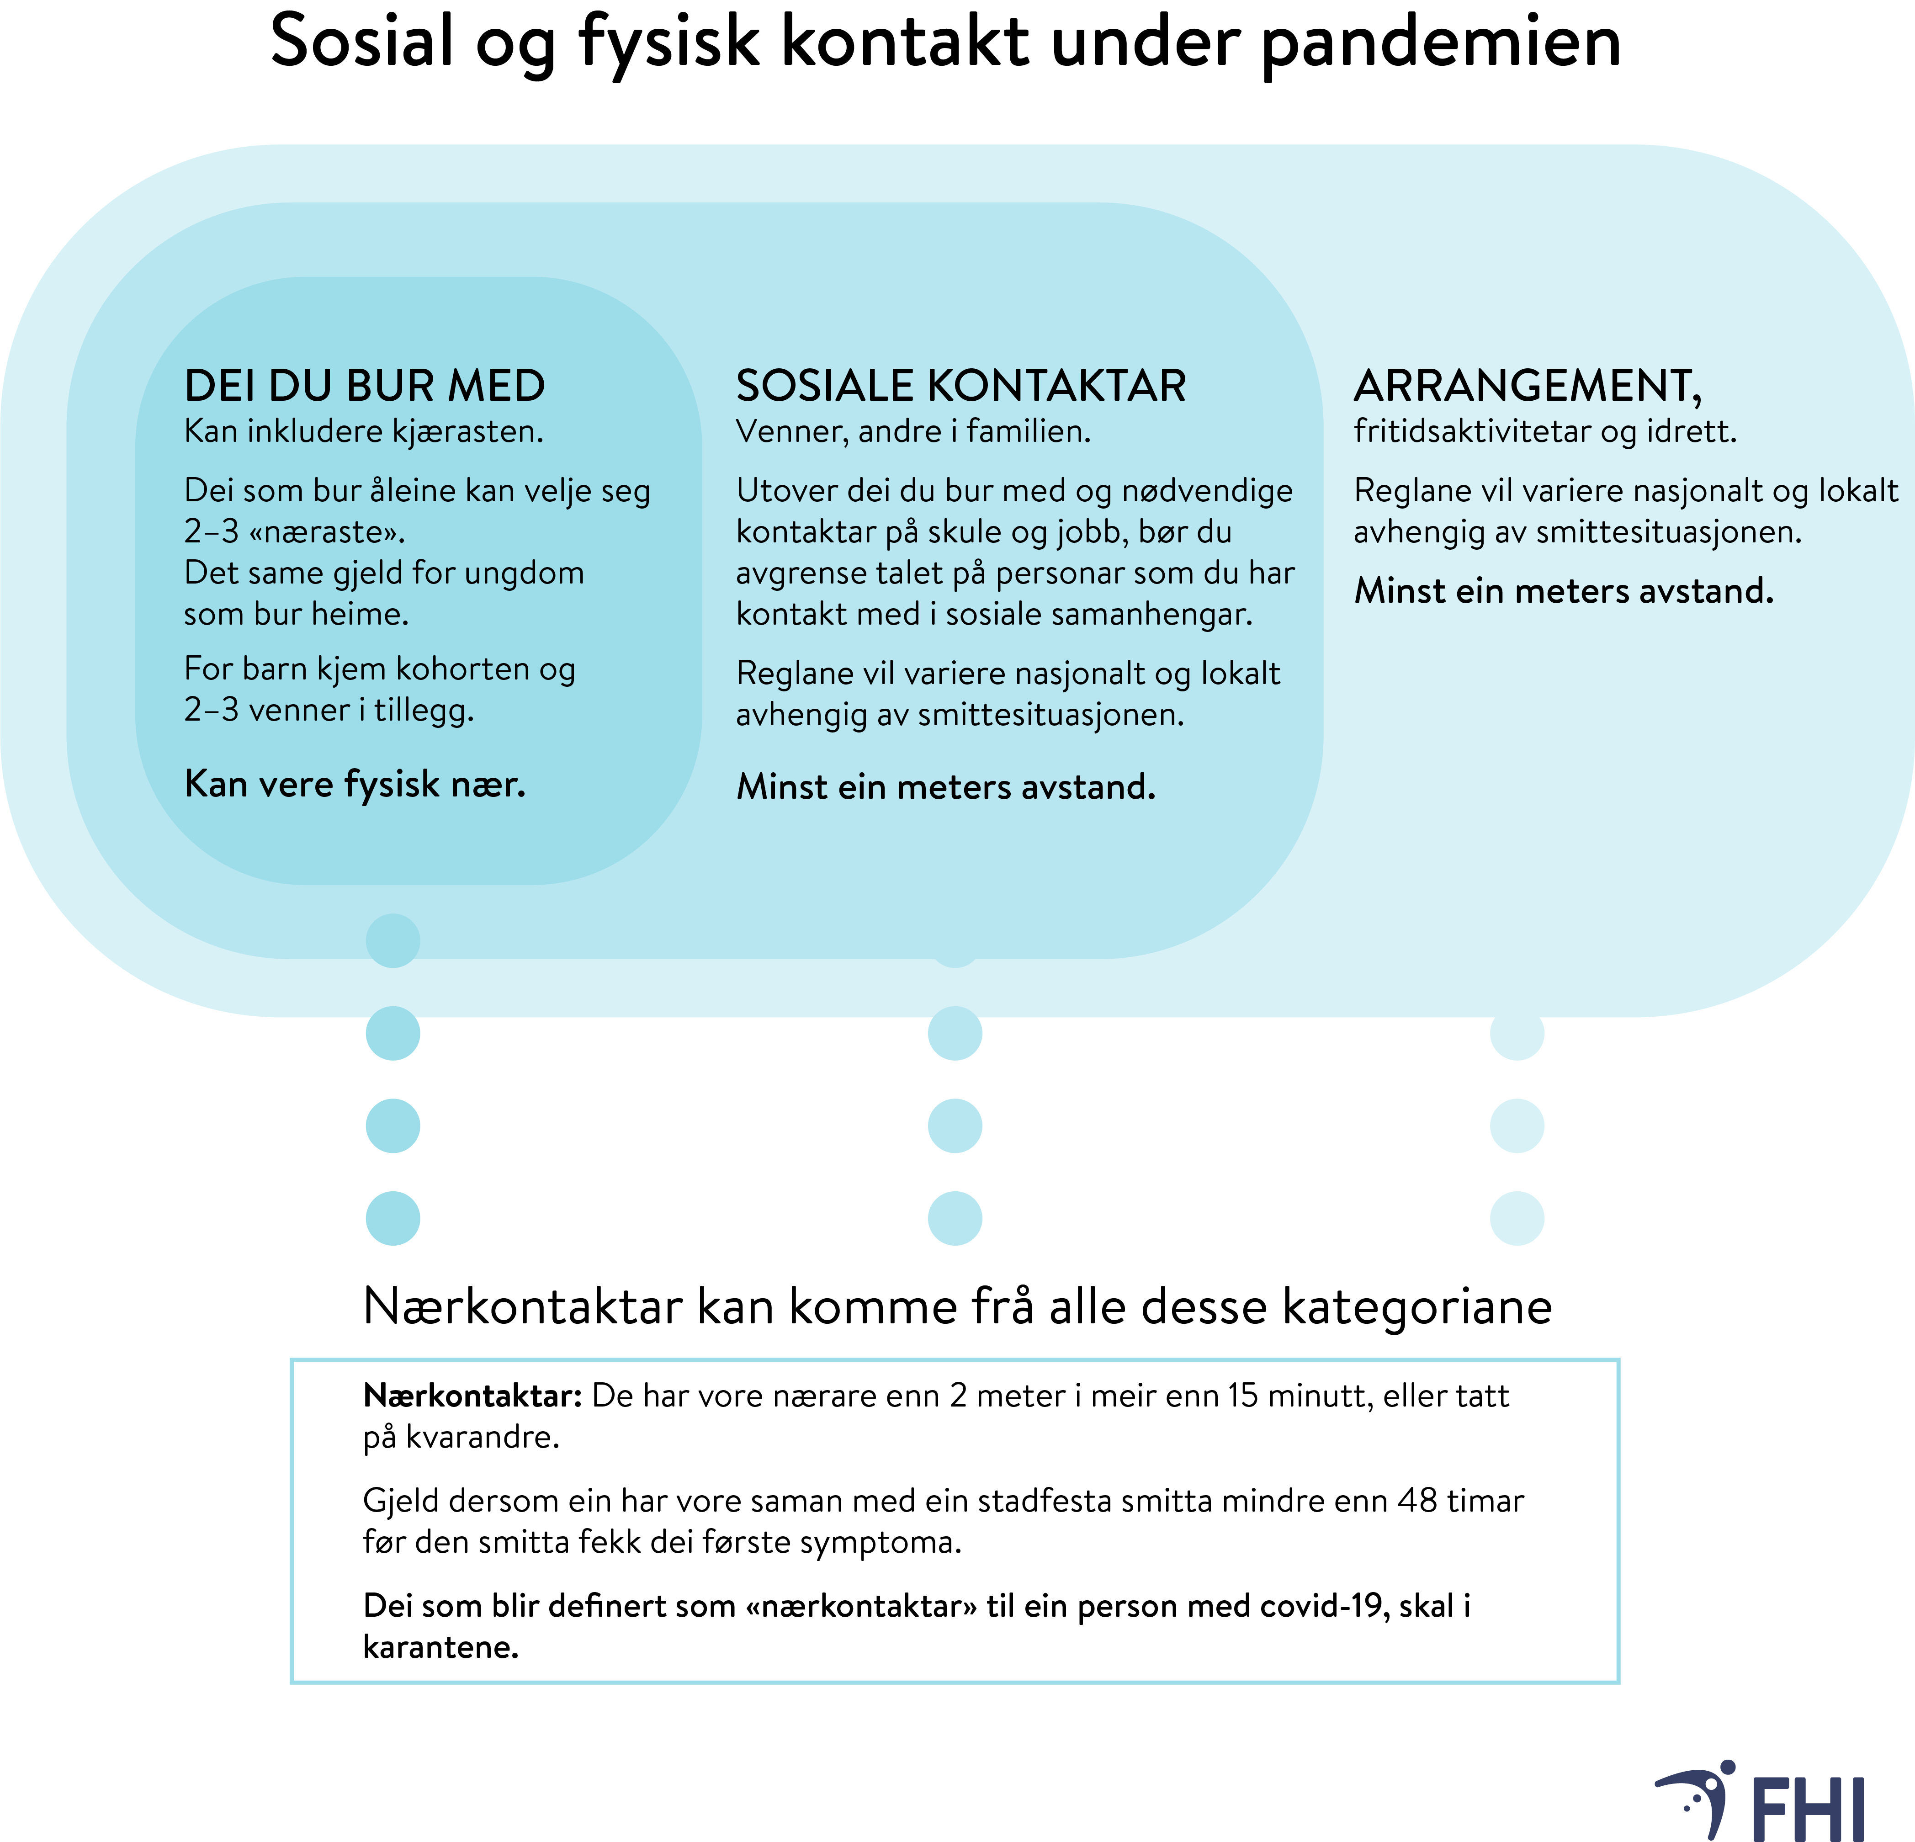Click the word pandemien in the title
click(1441, 44)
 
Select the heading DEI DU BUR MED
click(365, 386)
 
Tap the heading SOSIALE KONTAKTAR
click(960, 386)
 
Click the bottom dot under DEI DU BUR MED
click(393, 1219)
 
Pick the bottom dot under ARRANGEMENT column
click(1517, 1219)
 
